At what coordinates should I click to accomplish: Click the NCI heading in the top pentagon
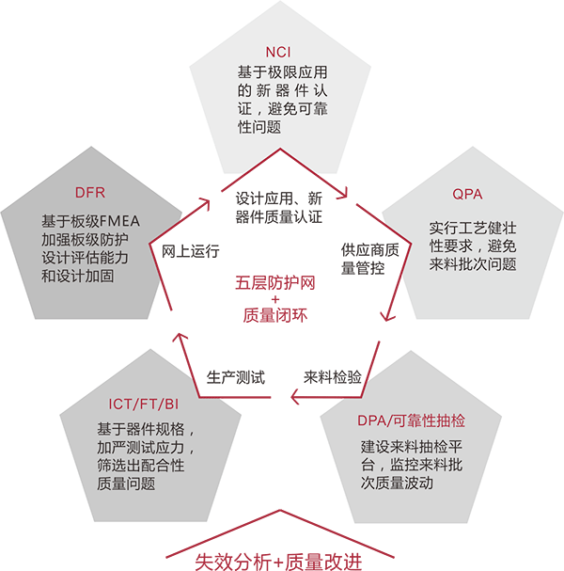[282, 52]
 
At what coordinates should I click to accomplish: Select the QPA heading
[466, 195]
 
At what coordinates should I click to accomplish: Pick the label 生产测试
[236, 378]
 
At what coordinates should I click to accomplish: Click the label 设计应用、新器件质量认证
[279, 208]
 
